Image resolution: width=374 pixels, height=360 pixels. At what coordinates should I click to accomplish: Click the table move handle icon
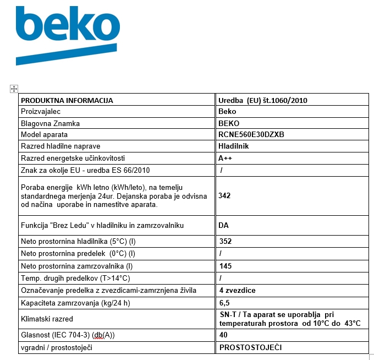pos(14,89)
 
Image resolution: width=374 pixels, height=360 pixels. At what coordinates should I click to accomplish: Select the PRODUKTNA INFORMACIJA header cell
pos(67,100)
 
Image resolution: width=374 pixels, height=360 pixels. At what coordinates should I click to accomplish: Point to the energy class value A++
pos(225,158)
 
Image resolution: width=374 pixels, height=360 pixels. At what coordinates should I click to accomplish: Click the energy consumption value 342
pos(224,195)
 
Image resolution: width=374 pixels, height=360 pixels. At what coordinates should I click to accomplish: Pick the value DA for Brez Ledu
pos(223,225)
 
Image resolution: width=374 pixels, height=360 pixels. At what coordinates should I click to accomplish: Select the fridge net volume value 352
pos(225,241)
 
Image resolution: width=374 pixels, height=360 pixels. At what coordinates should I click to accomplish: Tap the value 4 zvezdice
pos(237,291)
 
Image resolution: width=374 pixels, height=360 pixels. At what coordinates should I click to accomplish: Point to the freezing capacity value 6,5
pos(223,303)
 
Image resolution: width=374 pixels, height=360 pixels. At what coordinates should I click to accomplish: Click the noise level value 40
pos(223,335)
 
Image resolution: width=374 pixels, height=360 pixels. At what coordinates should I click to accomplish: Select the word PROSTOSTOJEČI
pos(251,348)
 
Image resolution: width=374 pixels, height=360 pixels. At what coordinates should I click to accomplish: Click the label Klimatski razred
pos(47,319)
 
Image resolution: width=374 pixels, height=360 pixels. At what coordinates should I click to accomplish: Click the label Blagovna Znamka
pos(50,123)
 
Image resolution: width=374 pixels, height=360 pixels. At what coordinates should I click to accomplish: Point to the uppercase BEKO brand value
pos(229,123)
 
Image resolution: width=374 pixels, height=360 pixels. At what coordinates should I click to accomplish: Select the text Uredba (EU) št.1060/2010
pos(262,100)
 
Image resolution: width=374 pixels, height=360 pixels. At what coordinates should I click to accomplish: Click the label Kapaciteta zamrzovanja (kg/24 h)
pos(76,303)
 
